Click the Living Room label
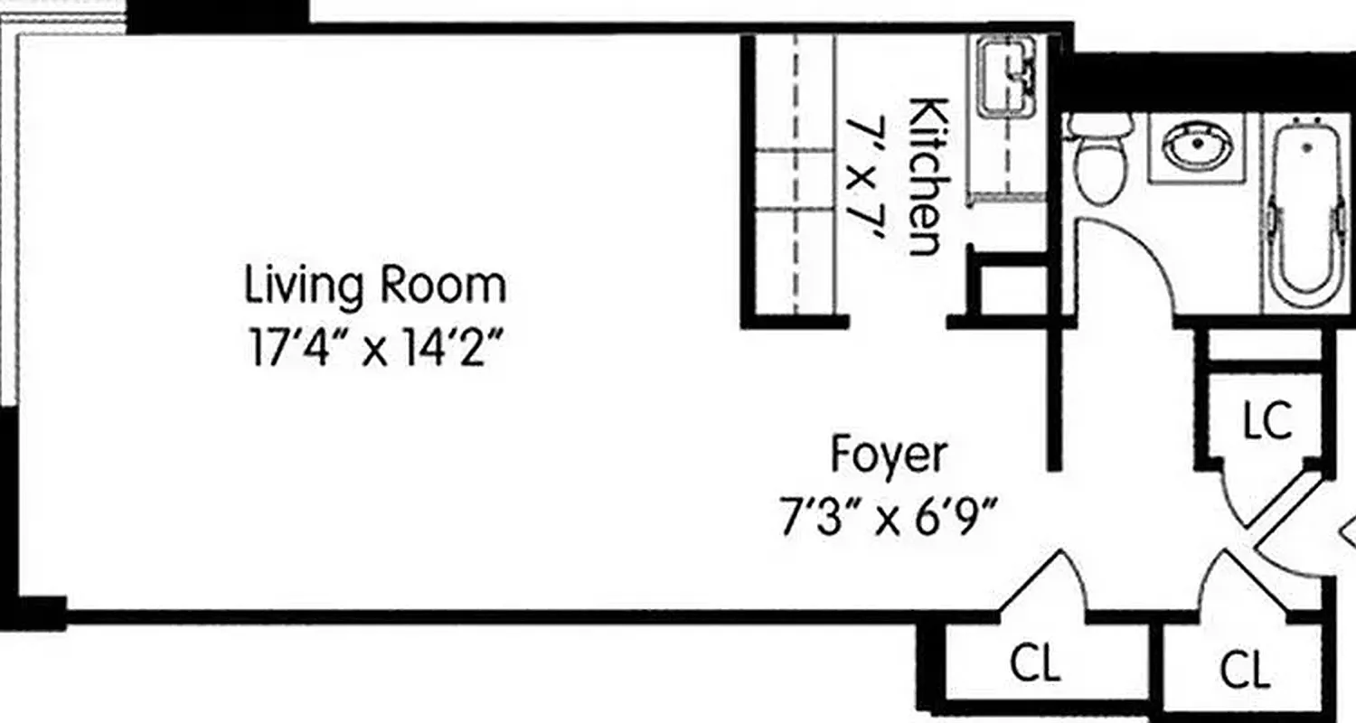(375, 286)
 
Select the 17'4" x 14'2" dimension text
(375, 349)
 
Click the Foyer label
(890, 455)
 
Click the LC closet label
(1267, 420)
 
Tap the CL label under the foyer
(1035, 666)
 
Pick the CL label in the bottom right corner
(1245, 671)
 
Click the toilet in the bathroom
(1098, 163)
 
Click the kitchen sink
(1005, 77)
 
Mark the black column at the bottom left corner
(36, 613)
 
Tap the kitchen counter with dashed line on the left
(794, 181)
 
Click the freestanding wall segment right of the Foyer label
(1053, 398)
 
